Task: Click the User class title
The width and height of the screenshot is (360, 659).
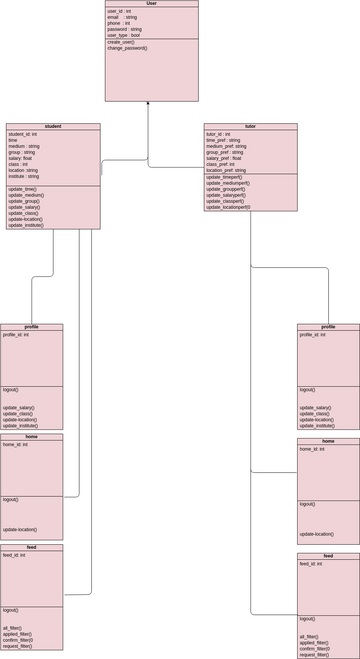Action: [151, 4]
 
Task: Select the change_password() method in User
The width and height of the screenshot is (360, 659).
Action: [127, 48]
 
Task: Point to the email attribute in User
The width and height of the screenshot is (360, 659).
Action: [122, 17]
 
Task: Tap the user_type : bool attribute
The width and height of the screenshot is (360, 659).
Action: [124, 35]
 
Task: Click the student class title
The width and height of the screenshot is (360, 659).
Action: [53, 127]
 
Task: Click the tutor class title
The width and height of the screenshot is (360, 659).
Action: [250, 127]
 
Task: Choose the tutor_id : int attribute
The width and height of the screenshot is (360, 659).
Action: [218, 134]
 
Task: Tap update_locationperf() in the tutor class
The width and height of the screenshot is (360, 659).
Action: [228, 207]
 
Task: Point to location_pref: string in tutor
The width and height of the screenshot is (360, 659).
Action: [226, 170]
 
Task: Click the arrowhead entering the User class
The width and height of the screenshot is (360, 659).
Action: [148, 104]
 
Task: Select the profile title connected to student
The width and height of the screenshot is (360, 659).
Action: [32, 327]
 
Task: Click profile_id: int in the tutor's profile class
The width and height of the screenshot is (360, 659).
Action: [313, 335]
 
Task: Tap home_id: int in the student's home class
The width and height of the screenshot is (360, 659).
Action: [15, 444]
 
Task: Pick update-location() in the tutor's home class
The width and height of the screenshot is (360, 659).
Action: [317, 534]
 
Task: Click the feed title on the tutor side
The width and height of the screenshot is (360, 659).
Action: [328, 556]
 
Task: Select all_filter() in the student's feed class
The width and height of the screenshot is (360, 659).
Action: [12, 628]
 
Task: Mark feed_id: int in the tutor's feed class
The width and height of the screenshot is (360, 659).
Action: [311, 564]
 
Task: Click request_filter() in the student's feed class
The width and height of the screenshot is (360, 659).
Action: [17, 646]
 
